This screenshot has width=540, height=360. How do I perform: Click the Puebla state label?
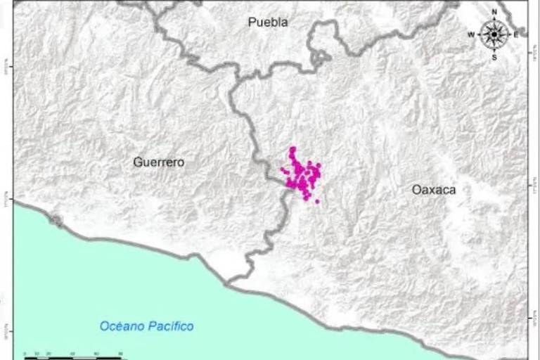[268, 22]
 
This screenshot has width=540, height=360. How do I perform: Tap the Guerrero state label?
[159, 162]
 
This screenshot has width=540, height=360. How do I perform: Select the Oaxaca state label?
[434, 190]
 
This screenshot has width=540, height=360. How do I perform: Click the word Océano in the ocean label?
[123, 326]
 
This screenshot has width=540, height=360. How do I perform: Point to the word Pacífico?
[171, 326]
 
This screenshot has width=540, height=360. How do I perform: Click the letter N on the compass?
[494, 12]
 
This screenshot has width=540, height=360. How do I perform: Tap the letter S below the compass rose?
[494, 58]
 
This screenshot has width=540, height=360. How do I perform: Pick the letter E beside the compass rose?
[515, 34]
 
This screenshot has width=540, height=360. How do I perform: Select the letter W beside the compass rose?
[471, 34]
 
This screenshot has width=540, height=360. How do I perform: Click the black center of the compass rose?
[494, 34]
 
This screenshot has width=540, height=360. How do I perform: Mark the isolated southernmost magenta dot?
[317, 202]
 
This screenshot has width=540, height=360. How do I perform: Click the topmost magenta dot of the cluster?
[292, 149]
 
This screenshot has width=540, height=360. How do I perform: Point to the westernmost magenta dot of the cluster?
[283, 169]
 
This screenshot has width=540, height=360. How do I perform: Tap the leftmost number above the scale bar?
[25, 353]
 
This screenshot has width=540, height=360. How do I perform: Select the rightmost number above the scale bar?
[121, 353]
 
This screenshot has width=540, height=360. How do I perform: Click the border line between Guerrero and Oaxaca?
[252, 134]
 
